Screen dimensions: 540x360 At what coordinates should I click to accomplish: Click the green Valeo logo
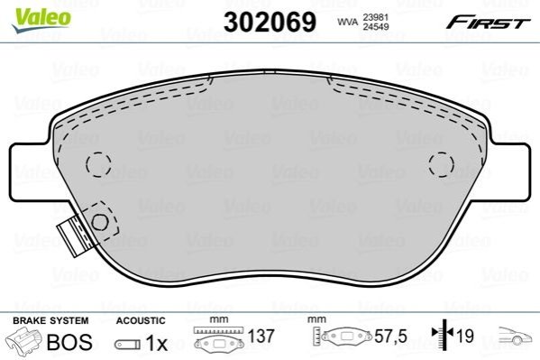[x=41, y=20]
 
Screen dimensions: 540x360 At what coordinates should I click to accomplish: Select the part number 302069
[x=270, y=22]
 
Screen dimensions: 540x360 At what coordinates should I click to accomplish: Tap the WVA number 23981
[x=376, y=17]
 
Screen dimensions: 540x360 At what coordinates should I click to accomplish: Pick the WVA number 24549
[x=376, y=26]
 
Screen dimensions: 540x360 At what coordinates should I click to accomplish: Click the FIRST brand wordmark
[x=489, y=23]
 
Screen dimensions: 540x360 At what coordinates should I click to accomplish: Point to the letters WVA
[x=348, y=22]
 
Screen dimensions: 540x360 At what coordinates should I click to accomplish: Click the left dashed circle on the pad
[x=99, y=164]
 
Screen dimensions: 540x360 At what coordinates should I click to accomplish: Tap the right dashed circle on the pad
[x=442, y=164]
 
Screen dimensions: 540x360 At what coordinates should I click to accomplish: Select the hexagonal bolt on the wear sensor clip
[x=100, y=223]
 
